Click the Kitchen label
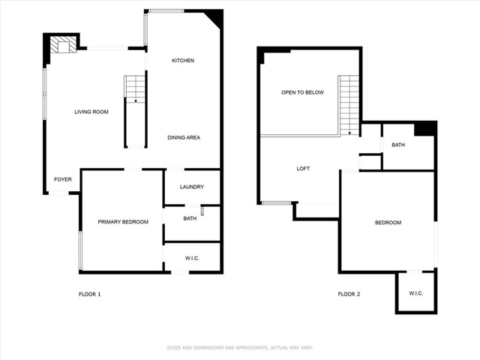(x=183, y=61)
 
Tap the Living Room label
(x=91, y=112)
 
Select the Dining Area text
(x=184, y=138)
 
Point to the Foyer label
(x=63, y=179)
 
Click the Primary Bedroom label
(x=123, y=222)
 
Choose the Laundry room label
(x=192, y=187)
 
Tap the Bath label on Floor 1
(x=190, y=218)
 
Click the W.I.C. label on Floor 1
(x=192, y=258)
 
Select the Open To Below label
(x=302, y=92)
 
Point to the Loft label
(x=303, y=169)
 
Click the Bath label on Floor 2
(x=398, y=145)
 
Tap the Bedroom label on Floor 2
(x=388, y=223)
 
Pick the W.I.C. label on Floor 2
(x=416, y=293)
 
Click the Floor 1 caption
(x=90, y=294)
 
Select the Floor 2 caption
(x=349, y=294)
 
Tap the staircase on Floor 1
(x=135, y=89)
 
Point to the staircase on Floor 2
(x=349, y=105)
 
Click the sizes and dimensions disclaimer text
(x=240, y=348)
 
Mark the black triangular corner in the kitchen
(x=216, y=17)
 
